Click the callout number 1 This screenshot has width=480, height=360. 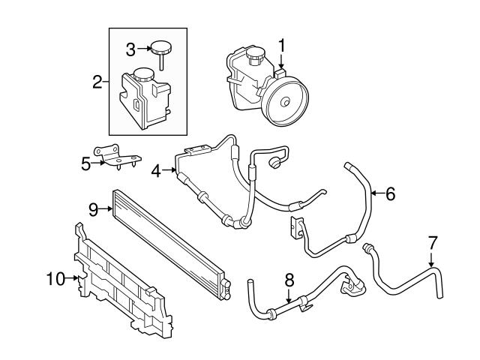point(281,46)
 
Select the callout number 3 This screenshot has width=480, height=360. point(130,50)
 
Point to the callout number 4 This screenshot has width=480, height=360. point(156,171)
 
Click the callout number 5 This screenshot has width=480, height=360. point(86,163)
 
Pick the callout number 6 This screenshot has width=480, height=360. point(389,193)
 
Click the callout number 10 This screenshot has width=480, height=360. point(55,279)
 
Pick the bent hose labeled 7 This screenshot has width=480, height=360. point(409,281)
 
